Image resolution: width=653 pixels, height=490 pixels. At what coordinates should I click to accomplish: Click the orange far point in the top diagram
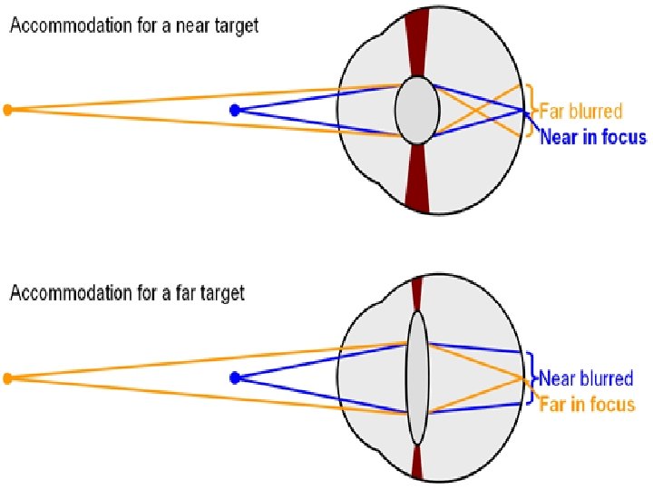pos(8,110)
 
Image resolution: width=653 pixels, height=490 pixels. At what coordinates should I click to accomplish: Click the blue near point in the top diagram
pos(235,110)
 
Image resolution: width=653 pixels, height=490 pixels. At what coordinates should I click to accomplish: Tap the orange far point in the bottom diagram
pos(8,377)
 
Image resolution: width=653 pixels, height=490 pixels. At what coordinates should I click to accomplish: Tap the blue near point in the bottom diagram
pos(235,377)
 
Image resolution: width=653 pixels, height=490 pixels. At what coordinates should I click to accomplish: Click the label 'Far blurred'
pos(581,112)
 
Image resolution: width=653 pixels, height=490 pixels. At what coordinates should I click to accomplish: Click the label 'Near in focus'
pos(593,137)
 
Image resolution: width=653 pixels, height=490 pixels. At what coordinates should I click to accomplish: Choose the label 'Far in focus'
pos(587,404)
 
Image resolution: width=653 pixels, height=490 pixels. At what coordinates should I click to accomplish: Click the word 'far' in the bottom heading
pos(178,294)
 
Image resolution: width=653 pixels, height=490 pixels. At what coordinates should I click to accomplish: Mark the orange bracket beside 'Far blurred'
pos(533,112)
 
